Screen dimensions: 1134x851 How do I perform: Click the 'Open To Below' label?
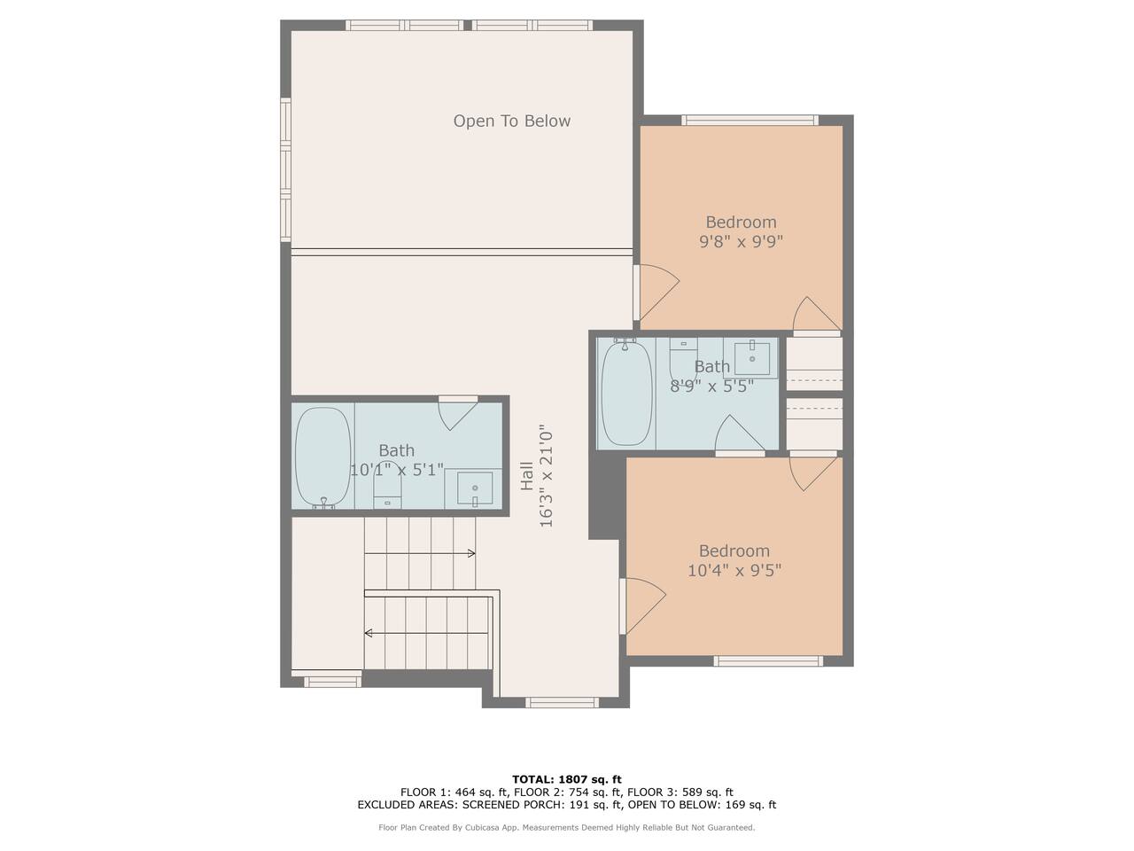pyautogui.click(x=511, y=121)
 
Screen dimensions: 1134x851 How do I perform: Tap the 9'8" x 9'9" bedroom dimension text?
pyautogui.click(x=741, y=241)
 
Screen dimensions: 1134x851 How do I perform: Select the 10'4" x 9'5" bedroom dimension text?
pyautogui.click(x=734, y=570)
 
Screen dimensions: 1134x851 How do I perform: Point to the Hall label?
pyautogui.click(x=526, y=476)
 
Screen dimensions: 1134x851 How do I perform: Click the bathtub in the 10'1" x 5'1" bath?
pyautogui.click(x=322, y=457)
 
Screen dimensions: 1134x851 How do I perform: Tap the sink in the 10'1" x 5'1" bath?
pyautogui.click(x=474, y=488)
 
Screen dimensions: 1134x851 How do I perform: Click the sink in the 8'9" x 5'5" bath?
pyautogui.click(x=751, y=357)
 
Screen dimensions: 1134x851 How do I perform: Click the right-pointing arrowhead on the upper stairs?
pyautogui.click(x=471, y=553)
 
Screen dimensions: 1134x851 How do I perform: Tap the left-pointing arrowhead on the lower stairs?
pyautogui.click(x=369, y=633)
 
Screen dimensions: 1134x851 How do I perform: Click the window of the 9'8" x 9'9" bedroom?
pyautogui.click(x=750, y=121)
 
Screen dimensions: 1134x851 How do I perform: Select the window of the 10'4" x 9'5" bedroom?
pyautogui.click(x=768, y=661)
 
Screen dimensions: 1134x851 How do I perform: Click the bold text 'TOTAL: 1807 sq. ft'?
pyautogui.click(x=567, y=779)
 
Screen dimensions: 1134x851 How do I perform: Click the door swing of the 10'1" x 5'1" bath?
pyautogui.click(x=458, y=413)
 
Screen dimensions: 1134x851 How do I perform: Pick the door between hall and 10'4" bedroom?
pyautogui.click(x=643, y=605)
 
